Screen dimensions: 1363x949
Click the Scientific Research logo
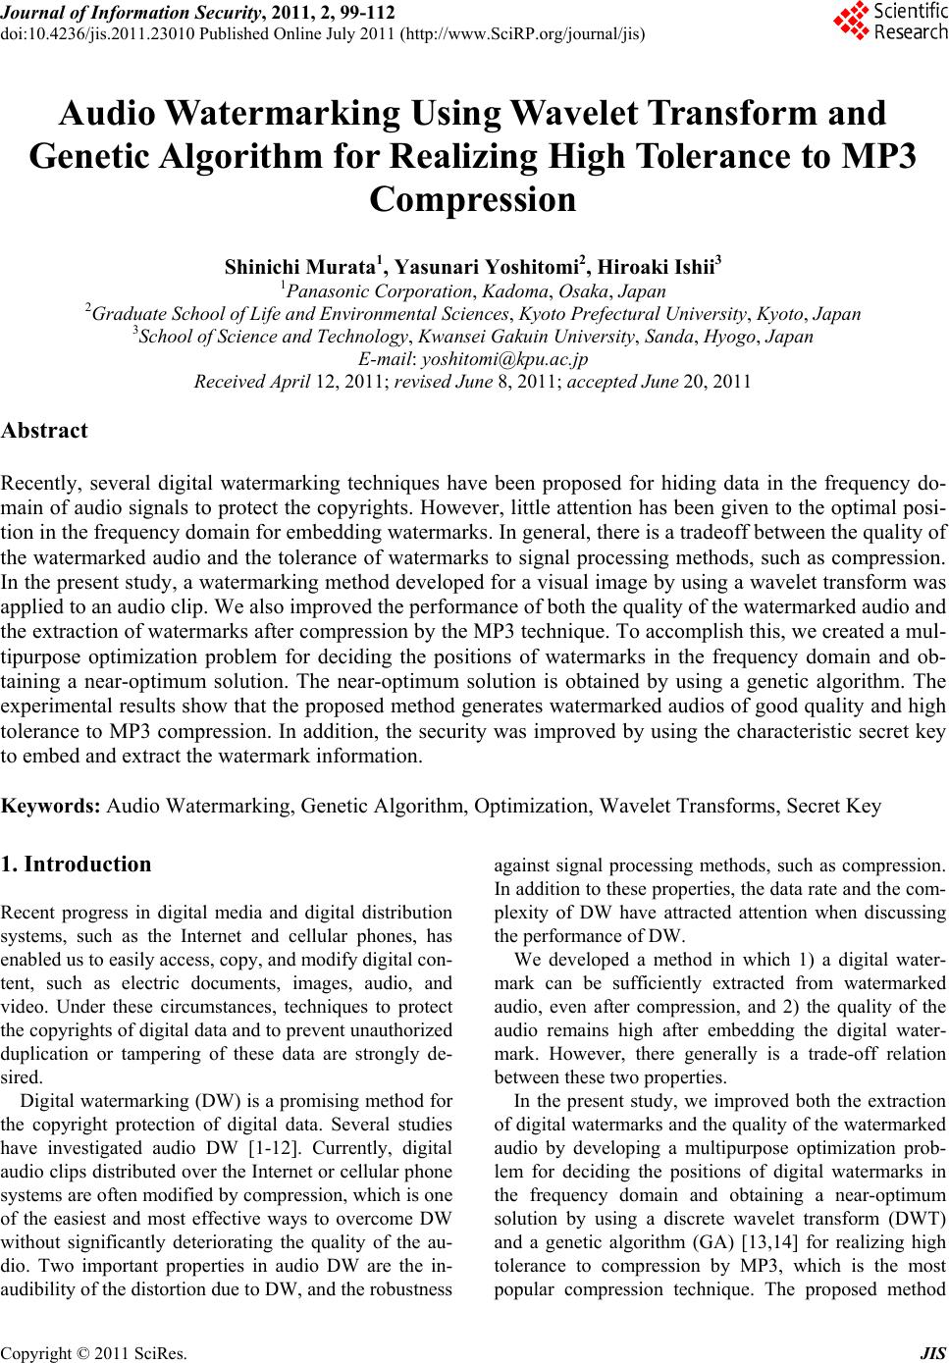(889, 22)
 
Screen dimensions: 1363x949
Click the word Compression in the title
(473, 199)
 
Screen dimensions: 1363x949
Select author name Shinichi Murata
(301, 267)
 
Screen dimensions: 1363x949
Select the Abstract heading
(44, 430)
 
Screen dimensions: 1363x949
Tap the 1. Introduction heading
(77, 865)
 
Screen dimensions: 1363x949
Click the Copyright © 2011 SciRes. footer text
(94, 1354)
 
